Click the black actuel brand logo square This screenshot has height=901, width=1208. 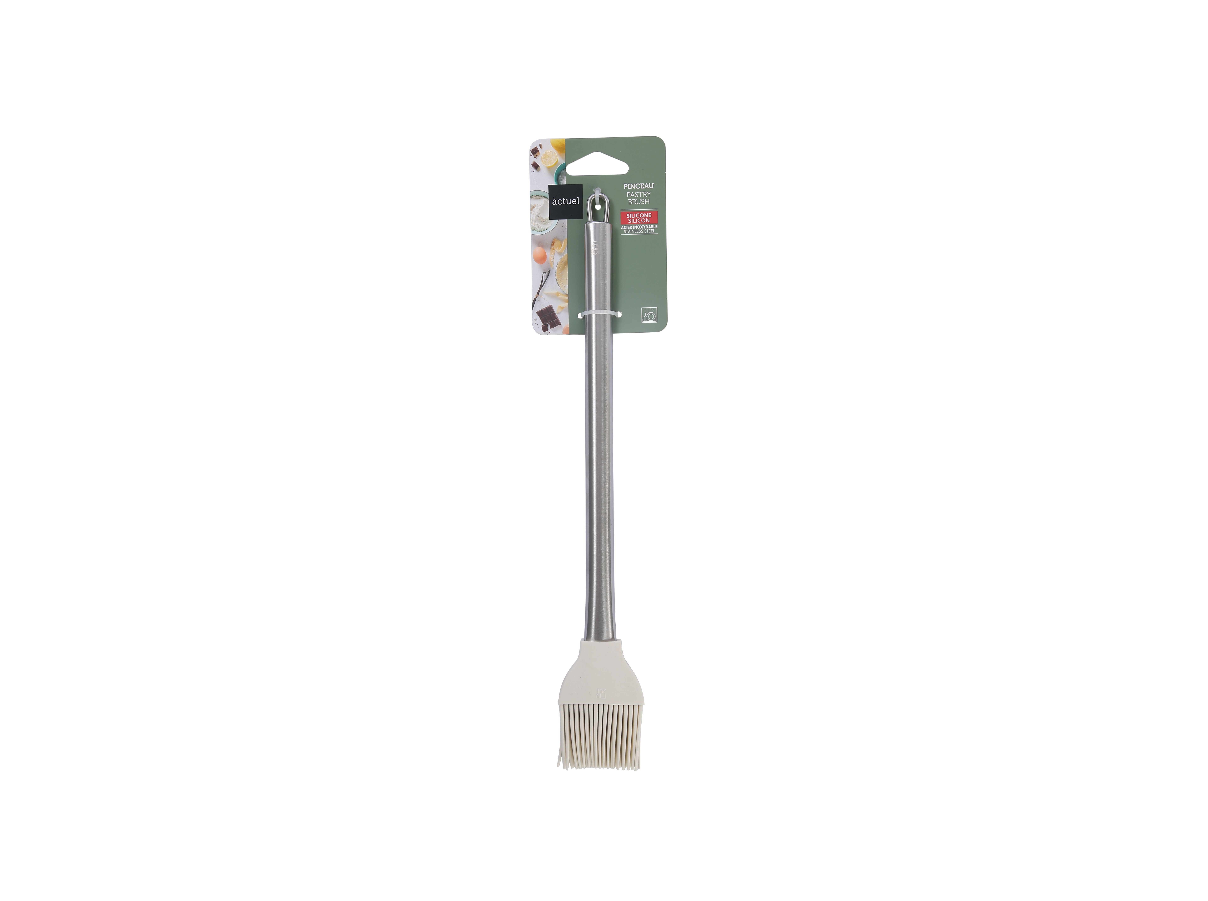565,202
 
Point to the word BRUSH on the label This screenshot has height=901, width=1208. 638,202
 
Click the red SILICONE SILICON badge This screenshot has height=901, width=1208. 638,218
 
